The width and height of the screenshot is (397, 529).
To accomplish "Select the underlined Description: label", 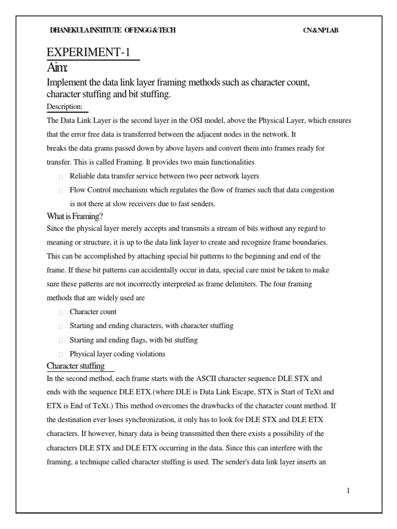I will click(x=65, y=106).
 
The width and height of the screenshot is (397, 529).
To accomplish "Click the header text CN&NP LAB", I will click(x=320, y=30).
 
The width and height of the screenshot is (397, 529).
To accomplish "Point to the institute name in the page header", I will click(x=113, y=30).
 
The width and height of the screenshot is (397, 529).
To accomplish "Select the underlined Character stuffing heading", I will click(x=75, y=366).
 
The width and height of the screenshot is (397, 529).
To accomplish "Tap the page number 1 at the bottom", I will click(x=348, y=491).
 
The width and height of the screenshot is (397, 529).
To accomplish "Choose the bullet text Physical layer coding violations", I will click(x=117, y=354).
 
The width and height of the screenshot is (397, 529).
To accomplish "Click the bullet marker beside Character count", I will click(x=60, y=313).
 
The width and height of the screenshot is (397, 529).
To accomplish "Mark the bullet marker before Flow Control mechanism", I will click(x=60, y=191).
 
